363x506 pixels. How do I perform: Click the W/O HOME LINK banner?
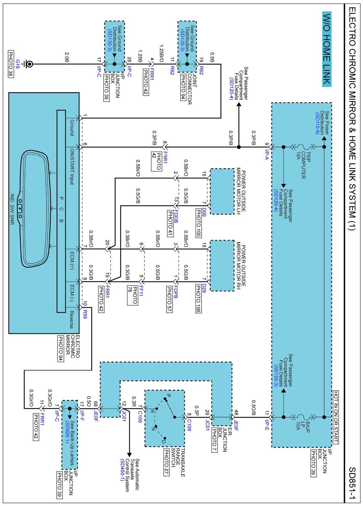pyautogui.click(x=327, y=49)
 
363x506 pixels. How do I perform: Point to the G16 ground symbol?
pyautogui.click(x=29, y=64)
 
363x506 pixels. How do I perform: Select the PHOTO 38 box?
pyautogui.click(x=11, y=64)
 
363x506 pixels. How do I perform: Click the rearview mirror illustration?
pyautogui.click(x=35, y=209)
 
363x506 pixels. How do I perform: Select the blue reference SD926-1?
pyautogui.click(x=67, y=431)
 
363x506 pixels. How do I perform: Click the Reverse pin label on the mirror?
pyautogui.click(x=71, y=319)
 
